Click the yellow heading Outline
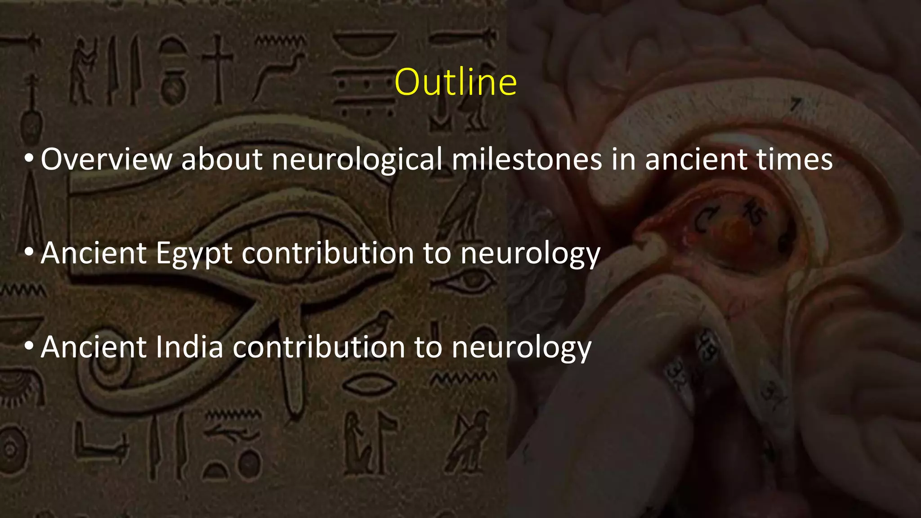[456, 82]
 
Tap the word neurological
[357, 160]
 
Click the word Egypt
[194, 254]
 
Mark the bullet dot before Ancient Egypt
[29, 253]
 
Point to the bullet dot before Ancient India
[29, 347]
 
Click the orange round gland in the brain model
[736, 232]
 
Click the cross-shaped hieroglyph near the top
[218, 67]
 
